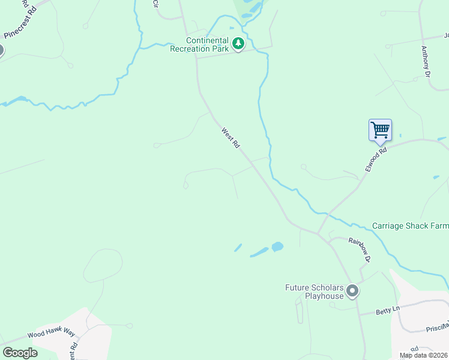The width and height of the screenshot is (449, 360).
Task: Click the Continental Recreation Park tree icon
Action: tap(238, 43)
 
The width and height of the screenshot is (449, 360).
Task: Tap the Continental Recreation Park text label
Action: tap(199, 45)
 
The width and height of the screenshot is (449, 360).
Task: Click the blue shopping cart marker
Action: tap(380, 130)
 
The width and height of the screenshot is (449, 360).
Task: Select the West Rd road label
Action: tap(231, 137)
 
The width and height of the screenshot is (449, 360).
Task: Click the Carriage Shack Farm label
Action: tap(410, 226)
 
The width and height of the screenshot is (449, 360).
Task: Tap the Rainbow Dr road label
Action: tap(360, 249)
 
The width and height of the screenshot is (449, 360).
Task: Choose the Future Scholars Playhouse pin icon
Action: tap(352, 291)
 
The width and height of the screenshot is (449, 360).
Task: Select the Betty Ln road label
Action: tap(387, 310)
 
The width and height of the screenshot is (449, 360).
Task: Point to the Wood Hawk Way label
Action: tap(50, 334)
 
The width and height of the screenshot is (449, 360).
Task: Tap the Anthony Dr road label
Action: tap(426, 62)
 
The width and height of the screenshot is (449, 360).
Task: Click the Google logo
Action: tap(20, 352)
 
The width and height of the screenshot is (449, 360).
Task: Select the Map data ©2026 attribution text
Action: tap(424, 355)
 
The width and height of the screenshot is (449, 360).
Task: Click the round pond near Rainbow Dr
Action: tap(277, 247)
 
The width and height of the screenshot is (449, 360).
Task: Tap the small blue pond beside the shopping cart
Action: tap(400, 135)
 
